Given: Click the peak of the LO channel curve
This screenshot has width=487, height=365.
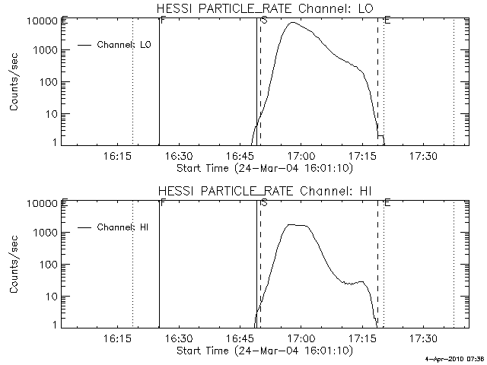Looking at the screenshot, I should (292, 23).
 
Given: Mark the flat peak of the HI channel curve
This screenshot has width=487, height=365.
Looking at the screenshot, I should (298, 225).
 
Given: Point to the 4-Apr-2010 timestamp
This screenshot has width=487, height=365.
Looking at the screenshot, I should (454, 359).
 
